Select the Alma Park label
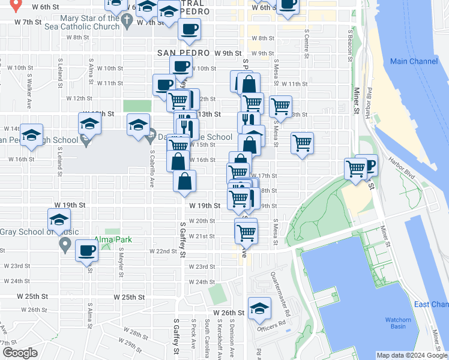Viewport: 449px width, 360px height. (x=115, y=239)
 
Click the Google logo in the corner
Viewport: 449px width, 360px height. (x=20, y=353)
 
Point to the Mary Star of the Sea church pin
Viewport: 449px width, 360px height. (x=126, y=21)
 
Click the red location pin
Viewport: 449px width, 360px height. (x=16, y=5)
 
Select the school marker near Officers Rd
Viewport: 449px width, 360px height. (x=259, y=308)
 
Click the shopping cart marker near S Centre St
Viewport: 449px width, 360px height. (x=302, y=143)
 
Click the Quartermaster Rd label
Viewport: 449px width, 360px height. (x=280, y=287)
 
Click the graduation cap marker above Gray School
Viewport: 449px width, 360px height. (x=58, y=220)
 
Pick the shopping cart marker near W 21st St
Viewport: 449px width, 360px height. (x=246, y=232)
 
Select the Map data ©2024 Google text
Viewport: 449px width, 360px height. (x=412, y=355)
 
